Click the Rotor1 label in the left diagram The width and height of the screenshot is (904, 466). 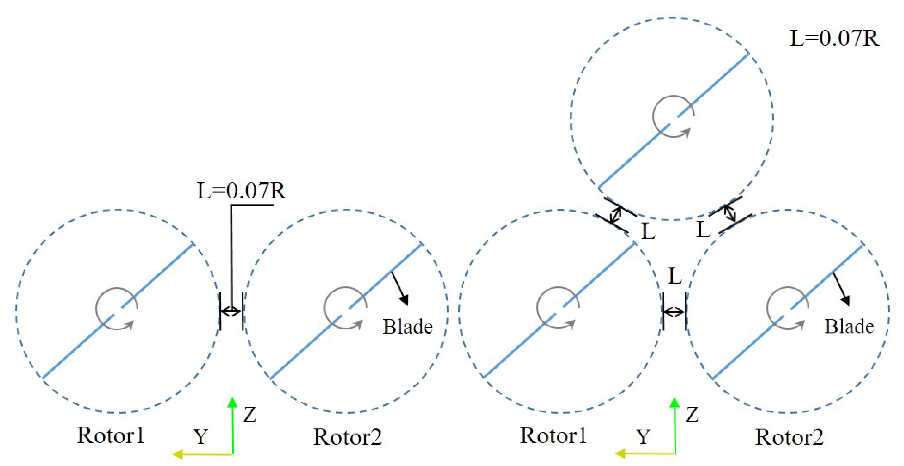[111, 436]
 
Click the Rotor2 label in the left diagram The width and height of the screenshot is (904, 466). [347, 437]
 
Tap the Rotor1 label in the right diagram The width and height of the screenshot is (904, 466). [553, 436]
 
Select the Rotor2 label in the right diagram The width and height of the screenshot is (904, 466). [789, 437]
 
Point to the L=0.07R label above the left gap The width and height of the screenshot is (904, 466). [241, 191]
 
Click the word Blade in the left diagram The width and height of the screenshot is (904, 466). [407, 327]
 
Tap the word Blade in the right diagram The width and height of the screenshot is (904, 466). [849, 327]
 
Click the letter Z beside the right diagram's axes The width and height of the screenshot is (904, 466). [692, 415]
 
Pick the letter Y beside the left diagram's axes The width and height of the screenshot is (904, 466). [201, 437]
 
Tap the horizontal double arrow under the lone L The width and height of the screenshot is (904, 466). [674, 311]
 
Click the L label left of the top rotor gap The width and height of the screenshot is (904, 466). [648, 232]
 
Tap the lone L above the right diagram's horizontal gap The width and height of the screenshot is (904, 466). [675, 276]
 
